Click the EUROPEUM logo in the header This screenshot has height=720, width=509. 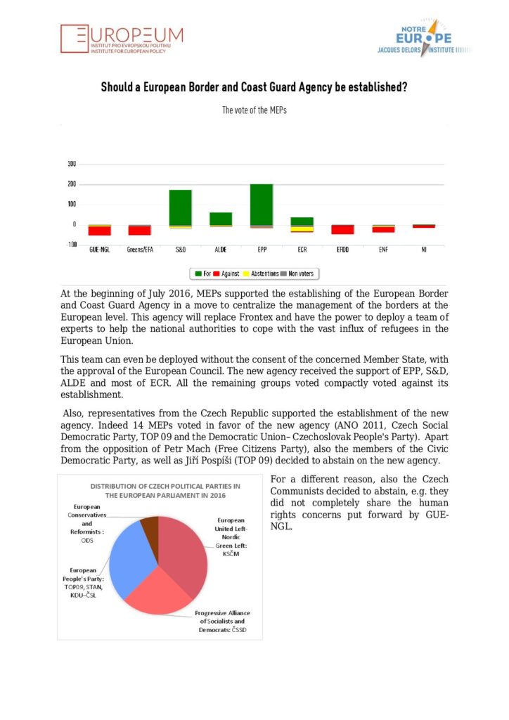[122, 39]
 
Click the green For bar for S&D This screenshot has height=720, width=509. [180, 207]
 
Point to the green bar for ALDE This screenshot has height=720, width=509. [221, 218]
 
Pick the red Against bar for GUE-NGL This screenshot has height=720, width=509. [99, 231]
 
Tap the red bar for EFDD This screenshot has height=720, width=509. [343, 229]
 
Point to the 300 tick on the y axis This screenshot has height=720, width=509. [71, 165]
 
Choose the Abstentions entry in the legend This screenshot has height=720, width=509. [261, 273]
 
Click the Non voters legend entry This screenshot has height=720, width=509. [297, 273]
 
